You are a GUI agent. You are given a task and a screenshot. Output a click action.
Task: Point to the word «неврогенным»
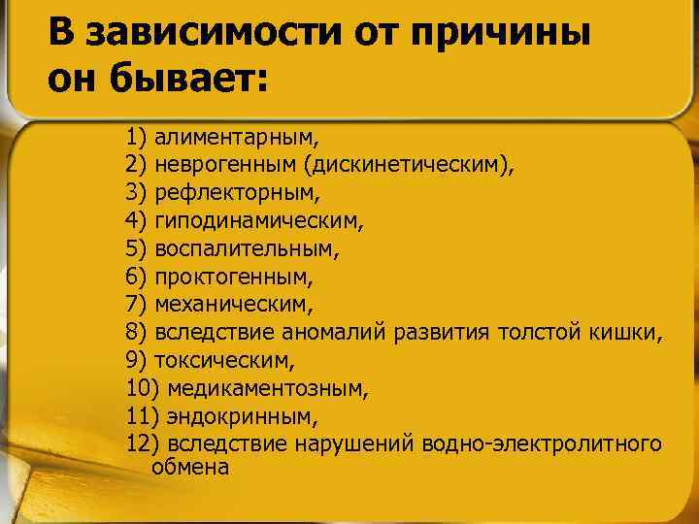pyautogui.click(x=227, y=164)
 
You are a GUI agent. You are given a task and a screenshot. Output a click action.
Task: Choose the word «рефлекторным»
pyautogui.click(x=232, y=193)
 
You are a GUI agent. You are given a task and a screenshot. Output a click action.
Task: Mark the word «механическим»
pyautogui.click(x=234, y=306)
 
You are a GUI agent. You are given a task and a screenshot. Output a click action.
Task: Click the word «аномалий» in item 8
pyautogui.click(x=335, y=334)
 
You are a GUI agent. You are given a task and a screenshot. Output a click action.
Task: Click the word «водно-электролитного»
pyautogui.click(x=543, y=444)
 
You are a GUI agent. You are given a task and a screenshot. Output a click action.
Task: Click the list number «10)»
pyautogui.click(x=145, y=389)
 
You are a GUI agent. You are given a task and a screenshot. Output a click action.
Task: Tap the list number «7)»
pyautogui.click(x=137, y=306)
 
